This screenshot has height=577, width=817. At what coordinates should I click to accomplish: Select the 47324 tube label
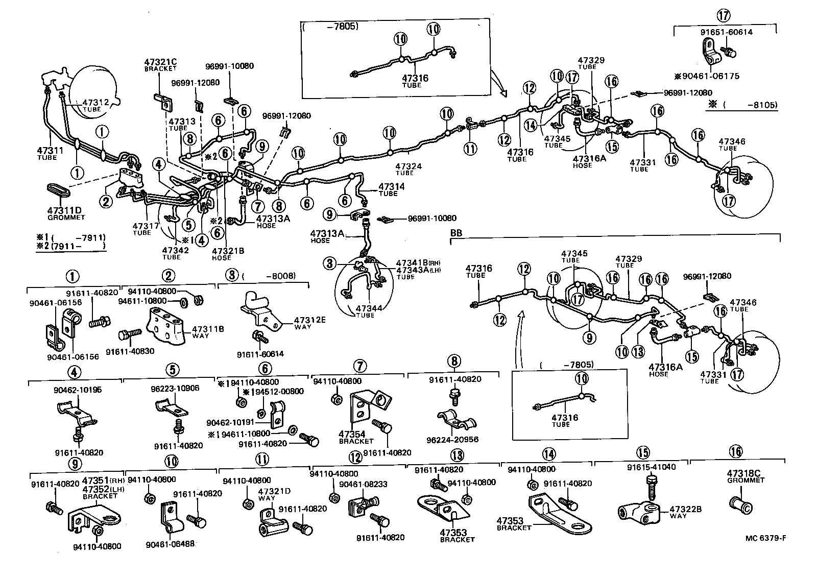pos(408,166)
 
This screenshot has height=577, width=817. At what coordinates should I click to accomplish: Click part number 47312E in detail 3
pos(309,320)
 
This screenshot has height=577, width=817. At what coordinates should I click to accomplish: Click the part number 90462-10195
pos(78,390)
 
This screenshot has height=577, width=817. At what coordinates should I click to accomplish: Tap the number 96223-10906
pos(176,388)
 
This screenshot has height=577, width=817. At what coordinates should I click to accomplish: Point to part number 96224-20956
pos(458,439)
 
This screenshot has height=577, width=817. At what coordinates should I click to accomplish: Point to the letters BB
pos(456,232)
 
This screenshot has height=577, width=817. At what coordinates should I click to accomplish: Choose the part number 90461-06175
pos(710,76)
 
